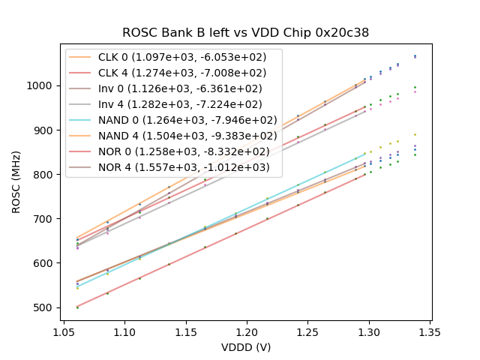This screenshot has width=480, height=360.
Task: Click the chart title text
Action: pyautogui.click(x=246, y=33)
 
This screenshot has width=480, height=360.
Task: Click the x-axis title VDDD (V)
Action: pyautogui.click(x=246, y=347)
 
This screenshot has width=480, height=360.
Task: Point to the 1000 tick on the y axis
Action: pyautogui.click(x=43, y=85)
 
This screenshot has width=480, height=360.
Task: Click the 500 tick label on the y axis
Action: pyautogui.click(x=45, y=307)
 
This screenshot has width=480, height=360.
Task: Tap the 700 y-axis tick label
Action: pyautogui.click(x=45, y=219)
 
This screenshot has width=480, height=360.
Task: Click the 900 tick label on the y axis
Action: pyautogui.click(x=45, y=130)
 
